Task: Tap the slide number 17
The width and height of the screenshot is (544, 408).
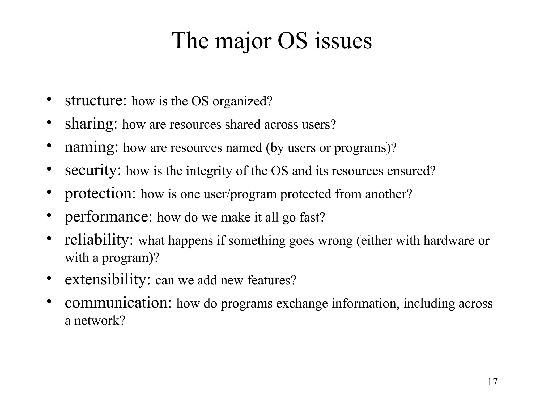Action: (x=492, y=382)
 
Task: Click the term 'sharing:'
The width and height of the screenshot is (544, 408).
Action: (x=91, y=124)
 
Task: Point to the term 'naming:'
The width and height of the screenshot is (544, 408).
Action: (x=91, y=147)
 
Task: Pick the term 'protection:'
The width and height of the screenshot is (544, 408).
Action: (x=100, y=194)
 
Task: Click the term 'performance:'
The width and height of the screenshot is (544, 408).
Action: (x=108, y=217)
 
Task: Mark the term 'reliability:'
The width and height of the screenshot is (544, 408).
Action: (x=99, y=240)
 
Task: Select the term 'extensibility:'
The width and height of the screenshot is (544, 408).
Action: (x=108, y=280)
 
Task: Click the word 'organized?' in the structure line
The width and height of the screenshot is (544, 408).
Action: (x=243, y=102)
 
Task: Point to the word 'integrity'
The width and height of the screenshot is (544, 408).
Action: (x=209, y=171)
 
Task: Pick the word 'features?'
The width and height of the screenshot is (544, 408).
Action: (x=271, y=280)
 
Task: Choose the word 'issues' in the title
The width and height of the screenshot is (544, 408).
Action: (x=343, y=41)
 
